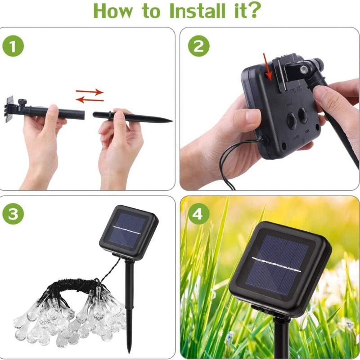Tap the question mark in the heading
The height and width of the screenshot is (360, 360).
pyautogui.click(x=254, y=11)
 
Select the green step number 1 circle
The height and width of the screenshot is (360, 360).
pyautogui.click(x=13, y=46)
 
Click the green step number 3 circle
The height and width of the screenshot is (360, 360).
pyautogui.click(x=13, y=214)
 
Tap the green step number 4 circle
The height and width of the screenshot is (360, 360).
pyautogui.click(x=198, y=214)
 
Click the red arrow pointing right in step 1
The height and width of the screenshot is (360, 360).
pyautogui.click(x=90, y=91)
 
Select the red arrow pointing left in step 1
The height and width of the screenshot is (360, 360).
pyautogui.click(x=89, y=99)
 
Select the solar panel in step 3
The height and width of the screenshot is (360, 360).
pyautogui.click(x=128, y=232)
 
